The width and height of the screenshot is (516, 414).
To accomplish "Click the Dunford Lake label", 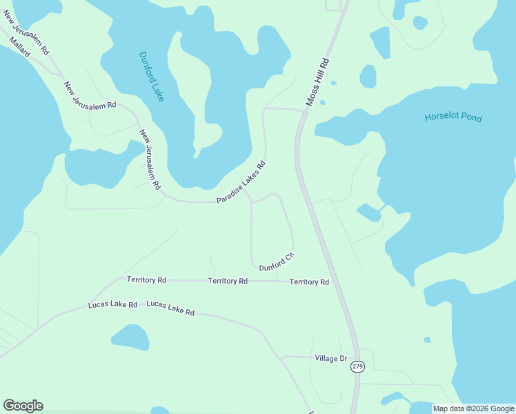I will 151,77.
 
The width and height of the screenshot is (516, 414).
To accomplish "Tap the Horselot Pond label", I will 453,117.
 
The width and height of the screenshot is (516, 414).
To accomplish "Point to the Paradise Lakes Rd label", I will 241,182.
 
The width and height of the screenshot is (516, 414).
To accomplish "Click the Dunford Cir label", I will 277,262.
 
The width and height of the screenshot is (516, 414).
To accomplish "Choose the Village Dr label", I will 331,358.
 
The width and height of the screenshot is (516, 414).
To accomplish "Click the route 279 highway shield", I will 357,366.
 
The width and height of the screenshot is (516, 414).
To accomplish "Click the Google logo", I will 23,406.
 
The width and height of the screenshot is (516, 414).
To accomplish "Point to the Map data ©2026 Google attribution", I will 473,408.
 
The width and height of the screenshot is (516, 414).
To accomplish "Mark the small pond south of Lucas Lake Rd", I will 130,337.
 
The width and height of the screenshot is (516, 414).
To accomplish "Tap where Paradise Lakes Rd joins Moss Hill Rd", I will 303,110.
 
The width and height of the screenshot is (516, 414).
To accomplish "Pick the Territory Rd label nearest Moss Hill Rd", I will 309,282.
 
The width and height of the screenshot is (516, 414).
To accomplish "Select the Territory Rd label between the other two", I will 228,281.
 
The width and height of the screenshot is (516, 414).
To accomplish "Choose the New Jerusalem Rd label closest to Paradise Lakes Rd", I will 150,159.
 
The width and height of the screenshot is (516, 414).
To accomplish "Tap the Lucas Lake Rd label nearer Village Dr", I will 170,308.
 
